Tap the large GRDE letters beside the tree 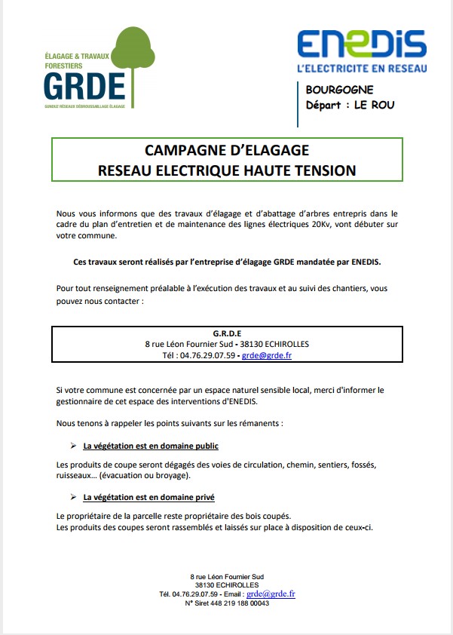pyautogui.click(x=84, y=88)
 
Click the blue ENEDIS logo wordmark pyautogui.click(x=361, y=44)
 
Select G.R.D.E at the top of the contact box pyautogui.click(x=227, y=333)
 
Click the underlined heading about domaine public pyautogui.click(x=151, y=446)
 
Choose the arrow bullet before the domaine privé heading pyautogui.click(x=73, y=498)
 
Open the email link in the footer pyautogui.click(x=271, y=594)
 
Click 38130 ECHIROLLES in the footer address pyautogui.click(x=226, y=584)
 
